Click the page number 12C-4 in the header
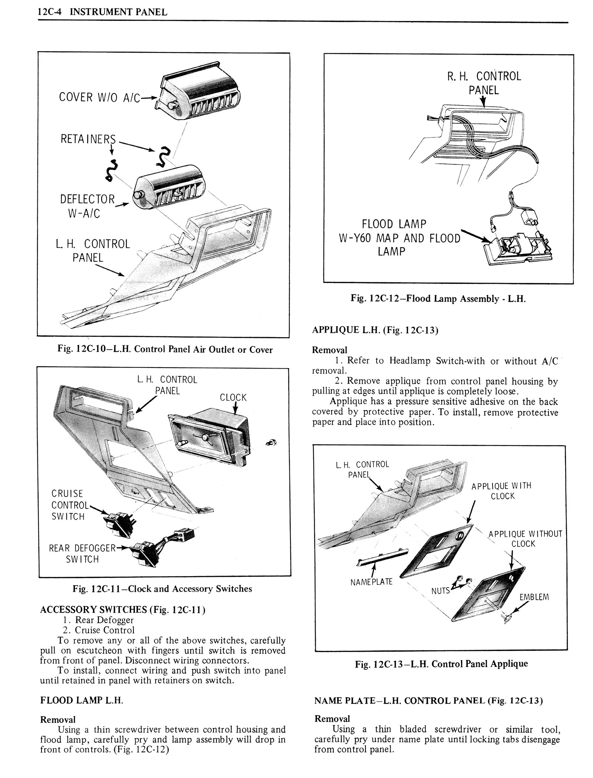click(x=52, y=12)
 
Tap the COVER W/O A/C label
click(x=100, y=97)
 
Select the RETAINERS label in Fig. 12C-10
click(x=88, y=139)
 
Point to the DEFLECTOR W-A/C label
click(x=88, y=206)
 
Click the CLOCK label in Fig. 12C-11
click(x=233, y=398)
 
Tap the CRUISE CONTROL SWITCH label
click(x=70, y=505)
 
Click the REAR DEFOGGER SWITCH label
click(x=82, y=553)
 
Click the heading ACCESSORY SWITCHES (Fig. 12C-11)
click(x=123, y=609)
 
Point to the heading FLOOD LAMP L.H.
click(x=82, y=700)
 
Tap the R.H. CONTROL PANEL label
click(x=484, y=83)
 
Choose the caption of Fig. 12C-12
click(x=438, y=299)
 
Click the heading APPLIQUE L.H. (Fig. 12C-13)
click(x=375, y=330)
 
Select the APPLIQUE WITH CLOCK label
click(x=501, y=491)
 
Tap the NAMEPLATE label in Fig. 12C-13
click(x=371, y=582)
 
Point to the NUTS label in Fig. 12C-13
click(x=440, y=591)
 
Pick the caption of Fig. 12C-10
click(x=165, y=349)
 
